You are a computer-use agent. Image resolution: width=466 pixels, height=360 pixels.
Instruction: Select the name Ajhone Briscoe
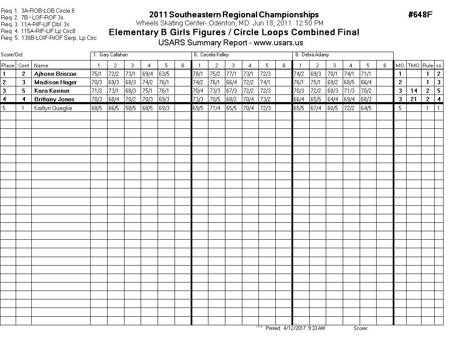pyautogui.click(x=55, y=74)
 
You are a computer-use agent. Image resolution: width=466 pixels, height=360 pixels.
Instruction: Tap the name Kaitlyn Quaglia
pyautogui.click(x=53, y=108)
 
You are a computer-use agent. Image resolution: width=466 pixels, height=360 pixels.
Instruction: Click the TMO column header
pyautogui.click(x=413, y=65)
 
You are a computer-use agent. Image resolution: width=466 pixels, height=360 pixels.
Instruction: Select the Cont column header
pyautogui.click(x=24, y=65)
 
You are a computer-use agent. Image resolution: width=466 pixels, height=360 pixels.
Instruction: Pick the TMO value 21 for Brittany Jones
pyautogui.click(x=413, y=99)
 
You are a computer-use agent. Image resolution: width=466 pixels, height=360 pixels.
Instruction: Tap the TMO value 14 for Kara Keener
pyautogui.click(x=413, y=91)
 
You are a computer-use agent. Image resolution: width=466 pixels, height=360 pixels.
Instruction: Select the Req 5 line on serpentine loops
pyautogui.click(x=49, y=38)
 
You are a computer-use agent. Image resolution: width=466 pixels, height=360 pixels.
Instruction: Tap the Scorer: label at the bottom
pyautogui.click(x=361, y=328)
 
